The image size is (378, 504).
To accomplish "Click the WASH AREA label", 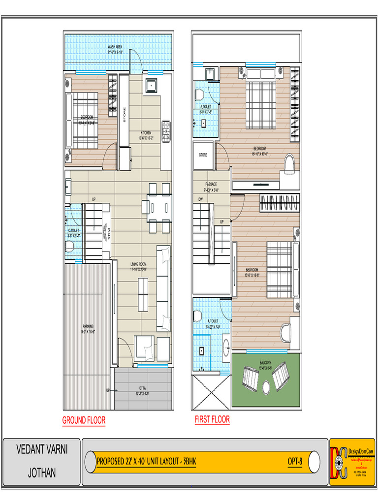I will pyautogui.click(x=115, y=47).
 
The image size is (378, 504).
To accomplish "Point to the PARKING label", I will pyautogui.click(x=88, y=326).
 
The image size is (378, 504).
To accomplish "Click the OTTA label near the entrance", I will pyautogui.click(x=142, y=388).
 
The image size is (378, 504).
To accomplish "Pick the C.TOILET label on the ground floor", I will pyautogui.click(x=73, y=230).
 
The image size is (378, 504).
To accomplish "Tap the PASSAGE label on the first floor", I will pyautogui.click(x=211, y=184).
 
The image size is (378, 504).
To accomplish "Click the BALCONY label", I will pyautogui.click(x=265, y=363).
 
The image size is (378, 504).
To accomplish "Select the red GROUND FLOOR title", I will pyautogui.click(x=84, y=420).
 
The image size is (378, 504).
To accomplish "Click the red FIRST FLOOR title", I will pyautogui.click(x=212, y=419).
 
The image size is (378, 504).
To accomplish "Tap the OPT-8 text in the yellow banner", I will pyautogui.click(x=295, y=462).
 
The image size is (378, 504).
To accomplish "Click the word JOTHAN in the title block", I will pyautogui.click(x=42, y=473).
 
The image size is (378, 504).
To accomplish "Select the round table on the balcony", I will pyautogui.click(x=266, y=387).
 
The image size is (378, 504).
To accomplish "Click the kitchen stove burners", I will pyautogui.click(x=166, y=130).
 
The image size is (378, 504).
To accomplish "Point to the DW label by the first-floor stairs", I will pyautogui.click(x=200, y=199).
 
